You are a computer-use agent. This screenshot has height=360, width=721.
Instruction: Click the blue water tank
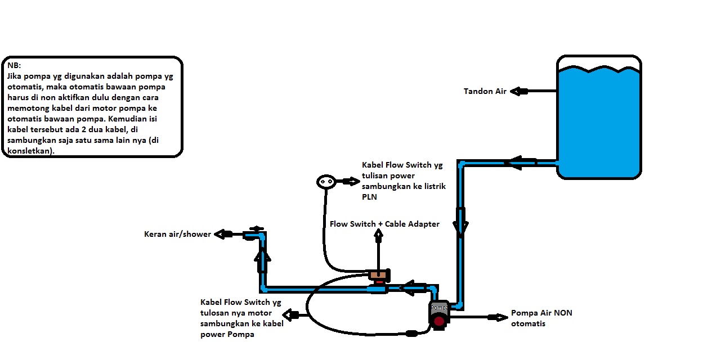(x=599, y=121)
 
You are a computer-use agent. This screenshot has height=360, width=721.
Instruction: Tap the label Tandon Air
(x=485, y=91)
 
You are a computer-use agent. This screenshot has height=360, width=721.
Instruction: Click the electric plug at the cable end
(x=326, y=181)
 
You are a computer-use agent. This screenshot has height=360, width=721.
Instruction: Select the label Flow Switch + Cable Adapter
(x=384, y=224)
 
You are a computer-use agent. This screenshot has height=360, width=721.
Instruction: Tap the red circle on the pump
(x=439, y=321)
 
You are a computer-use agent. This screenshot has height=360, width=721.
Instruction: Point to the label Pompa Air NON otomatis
(x=541, y=318)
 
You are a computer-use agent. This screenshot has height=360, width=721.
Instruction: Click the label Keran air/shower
(x=177, y=234)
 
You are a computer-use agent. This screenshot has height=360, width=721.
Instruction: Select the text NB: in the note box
(x=14, y=65)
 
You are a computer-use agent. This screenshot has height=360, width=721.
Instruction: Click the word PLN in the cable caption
(x=369, y=197)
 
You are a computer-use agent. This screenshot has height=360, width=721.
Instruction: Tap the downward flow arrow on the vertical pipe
(x=460, y=222)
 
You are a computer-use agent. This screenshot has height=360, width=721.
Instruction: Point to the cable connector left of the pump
(x=411, y=333)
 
